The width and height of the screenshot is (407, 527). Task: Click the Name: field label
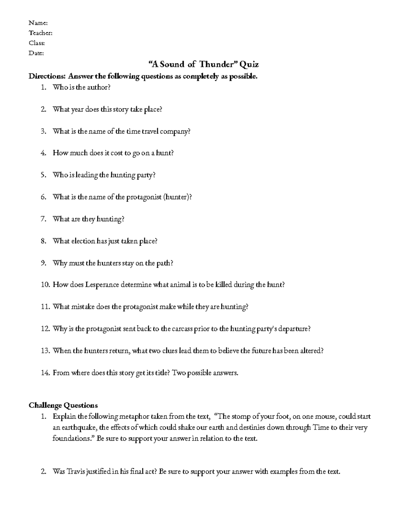[38, 23]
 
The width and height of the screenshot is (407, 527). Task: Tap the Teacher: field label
[40, 33]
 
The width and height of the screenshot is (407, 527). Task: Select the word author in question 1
[98, 87]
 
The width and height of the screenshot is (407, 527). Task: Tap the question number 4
[43, 153]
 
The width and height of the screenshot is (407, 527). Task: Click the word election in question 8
[83, 241]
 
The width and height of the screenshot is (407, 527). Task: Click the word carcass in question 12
[176, 329]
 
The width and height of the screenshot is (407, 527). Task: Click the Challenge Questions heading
[63, 405]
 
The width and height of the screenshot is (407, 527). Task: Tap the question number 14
[45, 373]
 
